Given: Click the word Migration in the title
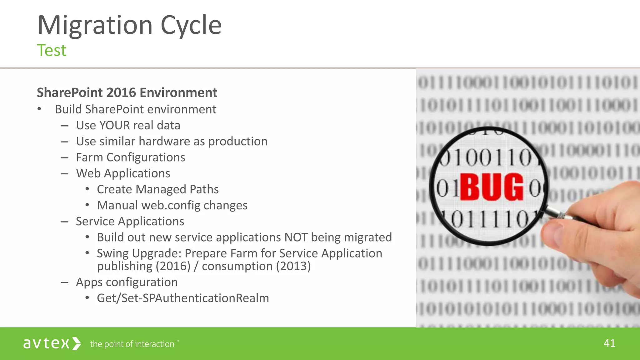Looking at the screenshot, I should [x=95, y=26].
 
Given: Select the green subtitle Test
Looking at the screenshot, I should [x=52, y=50].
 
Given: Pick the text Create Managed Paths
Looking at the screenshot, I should [x=157, y=189].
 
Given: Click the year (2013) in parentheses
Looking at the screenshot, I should [x=293, y=267].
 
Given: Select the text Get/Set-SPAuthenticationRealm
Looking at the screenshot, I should [x=183, y=298].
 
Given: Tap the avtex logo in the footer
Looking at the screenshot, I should [x=52, y=343].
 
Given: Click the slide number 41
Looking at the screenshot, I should [x=609, y=343].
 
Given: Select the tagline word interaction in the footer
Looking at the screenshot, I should [x=154, y=344].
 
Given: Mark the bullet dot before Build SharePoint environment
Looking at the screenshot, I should [x=39, y=109].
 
